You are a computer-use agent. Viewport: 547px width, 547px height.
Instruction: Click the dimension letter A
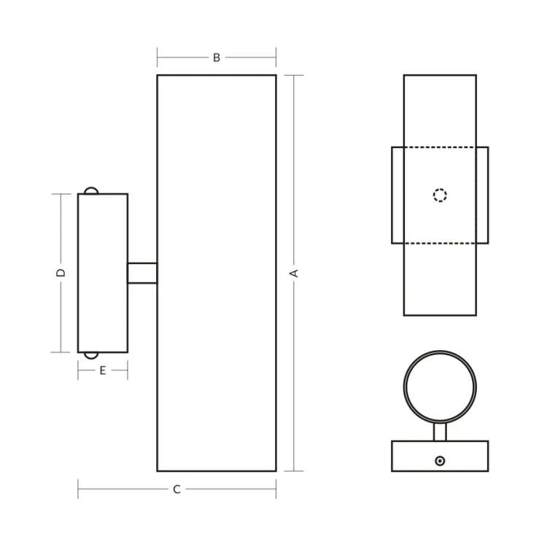pyautogui.click(x=295, y=273)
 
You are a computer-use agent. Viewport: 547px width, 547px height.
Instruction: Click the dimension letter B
pyautogui.click(x=216, y=58)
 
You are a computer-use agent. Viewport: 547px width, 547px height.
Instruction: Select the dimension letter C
pyautogui.click(x=176, y=489)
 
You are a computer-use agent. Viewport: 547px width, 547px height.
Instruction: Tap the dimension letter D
pyautogui.click(x=61, y=273)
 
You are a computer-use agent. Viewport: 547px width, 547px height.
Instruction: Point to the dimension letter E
pyautogui.click(x=103, y=371)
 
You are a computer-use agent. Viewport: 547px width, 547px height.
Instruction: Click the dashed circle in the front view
pyautogui.click(x=440, y=195)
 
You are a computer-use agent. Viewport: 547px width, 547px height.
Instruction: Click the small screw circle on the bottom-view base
pyautogui.click(x=440, y=460)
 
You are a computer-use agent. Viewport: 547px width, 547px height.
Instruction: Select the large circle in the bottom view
pyautogui.click(x=440, y=387)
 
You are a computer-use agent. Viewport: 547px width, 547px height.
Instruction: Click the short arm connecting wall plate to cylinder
pyautogui.click(x=142, y=273)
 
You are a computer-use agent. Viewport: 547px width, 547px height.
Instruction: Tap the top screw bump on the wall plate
pyautogui.click(x=90, y=190)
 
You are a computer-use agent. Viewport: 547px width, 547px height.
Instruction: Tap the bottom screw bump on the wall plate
pyautogui.click(x=90, y=356)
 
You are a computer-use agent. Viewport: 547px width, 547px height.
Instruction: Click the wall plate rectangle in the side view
pyautogui.click(x=103, y=273)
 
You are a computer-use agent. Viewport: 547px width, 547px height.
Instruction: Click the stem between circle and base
pyautogui.click(x=440, y=432)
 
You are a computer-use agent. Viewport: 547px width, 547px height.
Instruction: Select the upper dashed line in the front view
pyautogui.click(x=440, y=147)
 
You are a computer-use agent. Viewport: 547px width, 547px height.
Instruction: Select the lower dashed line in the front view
pyautogui.click(x=440, y=243)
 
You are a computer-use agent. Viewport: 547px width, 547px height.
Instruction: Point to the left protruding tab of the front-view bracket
pyautogui.click(x=397, y=195)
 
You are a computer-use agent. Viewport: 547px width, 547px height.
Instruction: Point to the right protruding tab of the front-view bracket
pyautogui.click(x=482, y=195)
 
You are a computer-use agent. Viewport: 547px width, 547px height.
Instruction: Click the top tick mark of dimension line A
pyautogui.click(x=294, y=75)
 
